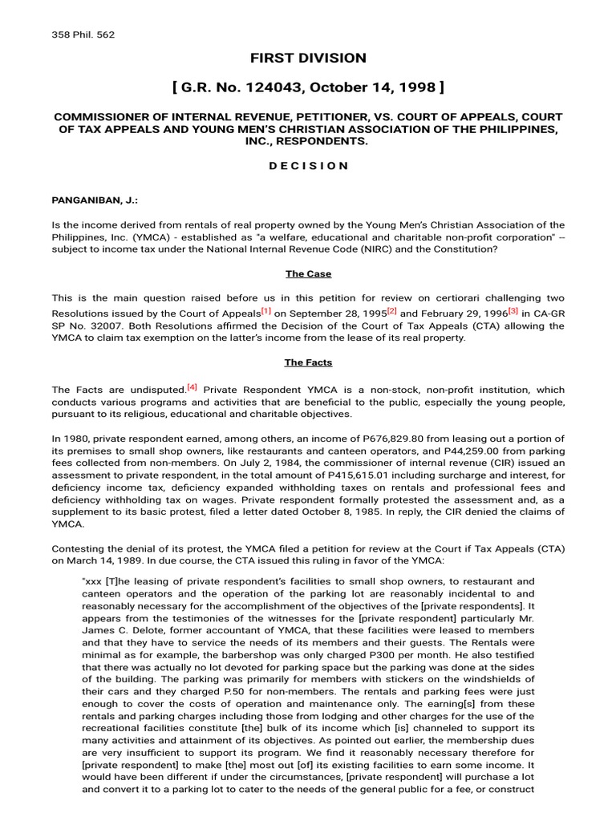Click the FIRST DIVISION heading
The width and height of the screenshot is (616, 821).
[x=308, y=58]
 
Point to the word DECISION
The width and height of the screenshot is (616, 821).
[x=308, y=165]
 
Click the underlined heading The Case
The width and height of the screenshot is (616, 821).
[x=308, y=274]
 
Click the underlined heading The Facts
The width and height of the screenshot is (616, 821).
[x=308, y=362]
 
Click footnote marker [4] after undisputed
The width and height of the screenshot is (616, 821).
[x=192, y=386]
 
